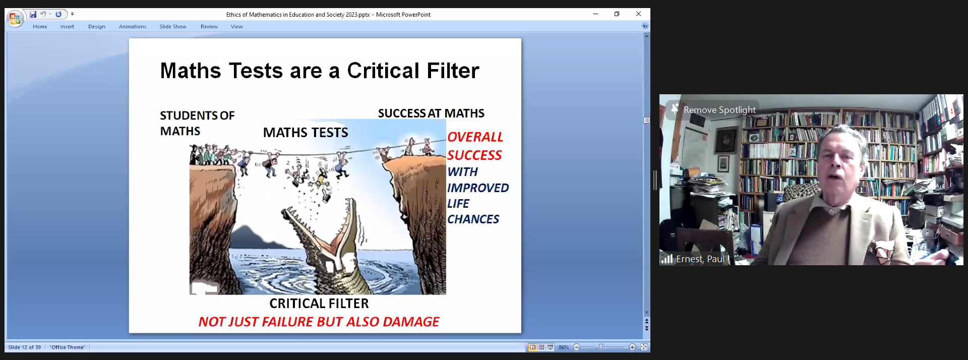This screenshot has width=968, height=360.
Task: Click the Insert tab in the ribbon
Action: click(67, 27)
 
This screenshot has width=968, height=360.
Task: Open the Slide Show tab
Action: click(173, 27)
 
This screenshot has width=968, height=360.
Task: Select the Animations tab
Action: click(133, 27)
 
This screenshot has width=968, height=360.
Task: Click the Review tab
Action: click(209, 27)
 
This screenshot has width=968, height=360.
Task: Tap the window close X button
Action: click(638, 14)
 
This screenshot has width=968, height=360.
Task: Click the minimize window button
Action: click(595, 14)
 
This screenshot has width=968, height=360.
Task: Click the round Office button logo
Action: click(15, 19)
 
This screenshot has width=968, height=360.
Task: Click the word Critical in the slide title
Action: click(383, 71)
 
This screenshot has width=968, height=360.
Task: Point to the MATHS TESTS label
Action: click(306, 133)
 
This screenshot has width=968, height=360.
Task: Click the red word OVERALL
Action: click(475, 137)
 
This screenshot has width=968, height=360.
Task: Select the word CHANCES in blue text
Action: click(473, 219)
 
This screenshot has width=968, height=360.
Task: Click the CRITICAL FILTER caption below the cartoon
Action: click(319, 304)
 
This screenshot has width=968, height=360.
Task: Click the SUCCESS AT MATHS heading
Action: click(431, 113)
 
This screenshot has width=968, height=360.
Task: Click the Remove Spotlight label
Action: click(719, 110)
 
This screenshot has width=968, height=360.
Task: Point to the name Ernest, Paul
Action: click(700, 259)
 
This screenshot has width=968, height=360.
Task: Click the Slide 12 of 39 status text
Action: click(25, 347)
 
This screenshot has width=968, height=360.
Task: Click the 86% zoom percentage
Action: click(564, 347)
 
